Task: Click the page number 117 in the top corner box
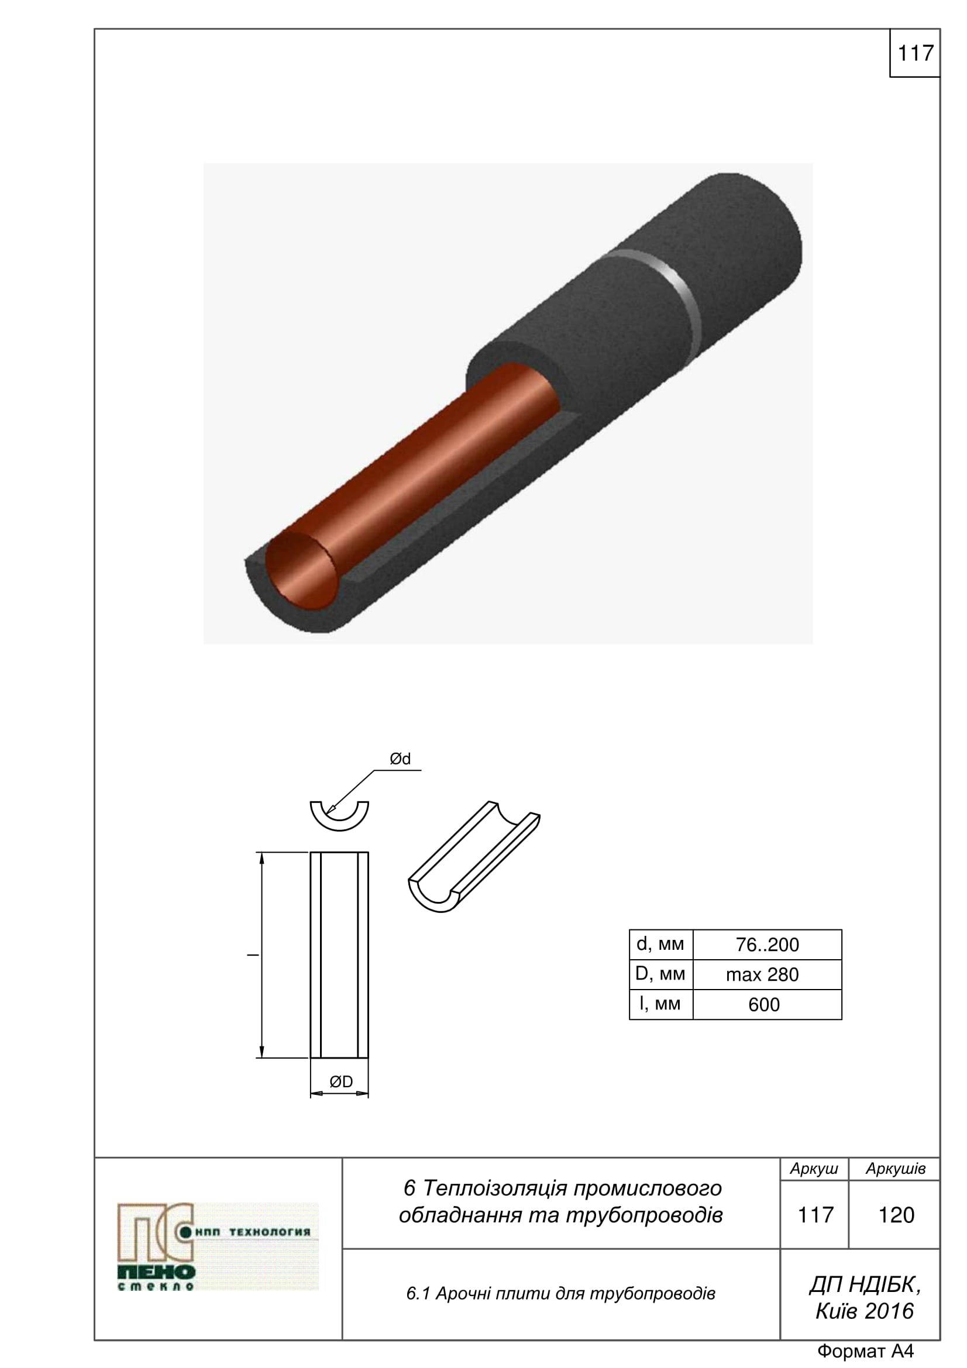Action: pyautogui.click(x=914, y=53)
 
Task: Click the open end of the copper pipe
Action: pyautogui.click(x=299, y=571)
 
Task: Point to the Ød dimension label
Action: pyautogui.click(x=400, y=759)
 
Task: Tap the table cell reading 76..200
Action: pyautogui.click(x=767, y=945)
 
